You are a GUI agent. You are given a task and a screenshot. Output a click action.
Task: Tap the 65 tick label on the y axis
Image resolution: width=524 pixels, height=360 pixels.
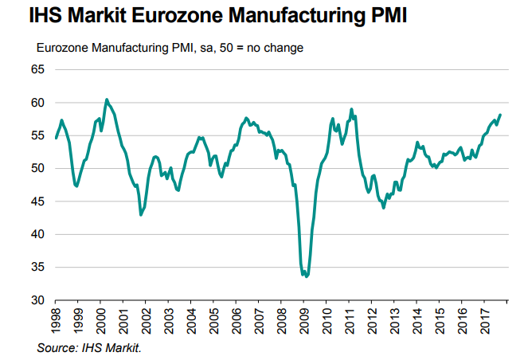click(x=38, y=70)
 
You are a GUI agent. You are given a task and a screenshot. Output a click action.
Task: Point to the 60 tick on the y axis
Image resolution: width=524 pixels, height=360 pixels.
click(x=38, y=103)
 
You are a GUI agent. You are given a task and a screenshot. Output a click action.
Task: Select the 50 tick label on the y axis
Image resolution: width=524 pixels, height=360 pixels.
click(x=38, y=169)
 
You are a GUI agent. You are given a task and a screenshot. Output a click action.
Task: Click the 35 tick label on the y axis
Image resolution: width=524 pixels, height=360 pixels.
click(x=38, y=268)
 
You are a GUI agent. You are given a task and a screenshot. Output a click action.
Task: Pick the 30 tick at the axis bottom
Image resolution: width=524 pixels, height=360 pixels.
click(x=38, y=300)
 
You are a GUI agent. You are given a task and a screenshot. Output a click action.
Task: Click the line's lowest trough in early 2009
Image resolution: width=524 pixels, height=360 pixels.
click(x=307, y=276)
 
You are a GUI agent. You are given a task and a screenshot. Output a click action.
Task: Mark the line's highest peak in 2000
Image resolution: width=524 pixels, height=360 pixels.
click(x=107, y=100)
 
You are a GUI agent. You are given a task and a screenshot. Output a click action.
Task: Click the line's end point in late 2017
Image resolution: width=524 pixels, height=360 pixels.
click(x=500, y=115)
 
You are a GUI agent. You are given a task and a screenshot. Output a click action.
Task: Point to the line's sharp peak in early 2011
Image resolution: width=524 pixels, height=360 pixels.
click(x=351, y=109)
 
